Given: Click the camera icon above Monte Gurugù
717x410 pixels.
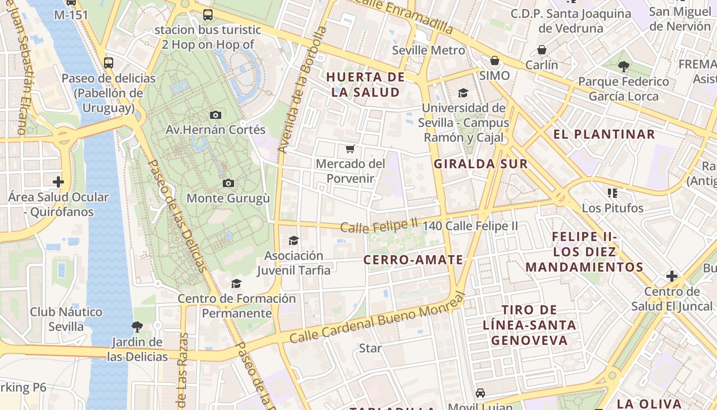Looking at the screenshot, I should tap(228, 183).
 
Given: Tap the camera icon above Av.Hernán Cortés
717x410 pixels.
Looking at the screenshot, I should tap(216, 115).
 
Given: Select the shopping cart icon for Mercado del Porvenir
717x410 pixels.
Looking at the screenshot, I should tap(350, 149).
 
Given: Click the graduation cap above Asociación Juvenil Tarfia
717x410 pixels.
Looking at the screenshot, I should tap(293, 240).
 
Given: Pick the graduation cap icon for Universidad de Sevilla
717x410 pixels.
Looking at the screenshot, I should tap(463, 93).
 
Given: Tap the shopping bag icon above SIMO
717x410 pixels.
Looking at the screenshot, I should tap(495, 60).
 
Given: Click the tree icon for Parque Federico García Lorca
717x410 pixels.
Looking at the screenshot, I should tap(623, 66).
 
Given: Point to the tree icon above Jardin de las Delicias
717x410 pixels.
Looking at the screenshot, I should tap(137, 326).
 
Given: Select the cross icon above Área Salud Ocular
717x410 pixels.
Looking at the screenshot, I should tap(58, 181).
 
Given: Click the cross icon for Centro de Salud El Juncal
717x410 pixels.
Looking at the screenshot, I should tap(672, 276).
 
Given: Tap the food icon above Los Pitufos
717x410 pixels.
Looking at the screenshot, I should tap(613, 193).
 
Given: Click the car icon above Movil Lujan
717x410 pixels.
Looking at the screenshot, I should tap(480, 393).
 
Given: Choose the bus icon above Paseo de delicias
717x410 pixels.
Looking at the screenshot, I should tap(109, 63).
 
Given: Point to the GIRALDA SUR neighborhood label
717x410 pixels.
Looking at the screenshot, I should tap(480, 164).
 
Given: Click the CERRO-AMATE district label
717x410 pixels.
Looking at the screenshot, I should tap(413, 260).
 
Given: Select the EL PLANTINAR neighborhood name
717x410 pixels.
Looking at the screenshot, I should tap(604, 134).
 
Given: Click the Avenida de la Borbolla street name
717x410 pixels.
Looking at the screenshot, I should tap(302, 90).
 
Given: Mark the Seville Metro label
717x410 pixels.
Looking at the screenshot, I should tap(428, 50).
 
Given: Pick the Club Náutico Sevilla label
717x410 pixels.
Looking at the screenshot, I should tap(66, 319).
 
